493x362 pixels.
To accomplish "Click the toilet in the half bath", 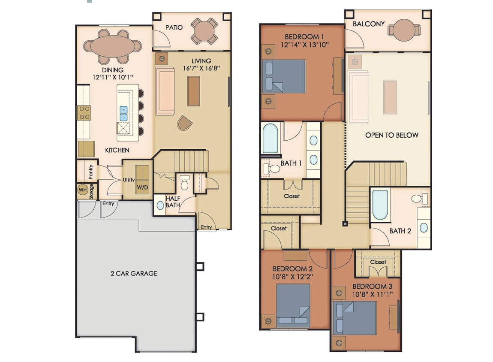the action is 185,184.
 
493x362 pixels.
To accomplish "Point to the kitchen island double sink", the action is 123,113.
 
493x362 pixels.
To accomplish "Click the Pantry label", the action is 91,172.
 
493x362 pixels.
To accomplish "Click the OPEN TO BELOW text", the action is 391,135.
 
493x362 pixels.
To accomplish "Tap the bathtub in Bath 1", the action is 271,139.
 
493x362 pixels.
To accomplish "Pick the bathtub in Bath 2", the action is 379,205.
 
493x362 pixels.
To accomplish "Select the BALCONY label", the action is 369,24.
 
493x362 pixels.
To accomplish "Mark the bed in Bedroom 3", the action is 355,318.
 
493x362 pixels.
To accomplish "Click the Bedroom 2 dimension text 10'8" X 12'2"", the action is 292,277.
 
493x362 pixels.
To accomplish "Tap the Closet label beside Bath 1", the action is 292,196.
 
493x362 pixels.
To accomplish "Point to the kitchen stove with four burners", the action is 83,113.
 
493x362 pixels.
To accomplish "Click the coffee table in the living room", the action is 193,90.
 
